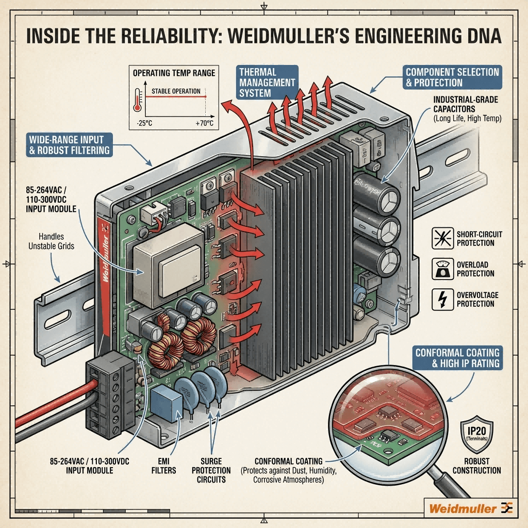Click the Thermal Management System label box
pos(267,82)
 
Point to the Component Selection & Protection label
pos(452,77)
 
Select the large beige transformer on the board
pos(168,265)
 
